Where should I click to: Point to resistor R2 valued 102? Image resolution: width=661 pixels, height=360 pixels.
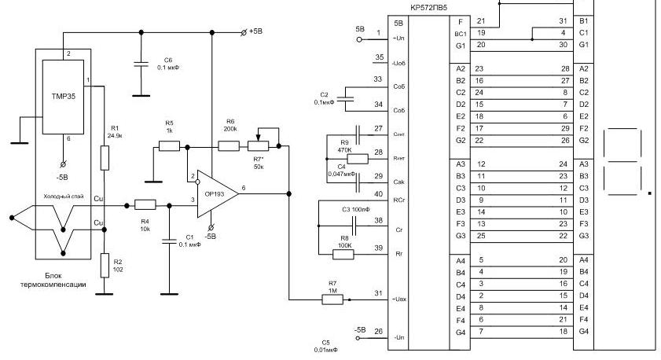tap(105, 266)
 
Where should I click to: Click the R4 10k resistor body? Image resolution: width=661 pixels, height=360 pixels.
tap(145, 204)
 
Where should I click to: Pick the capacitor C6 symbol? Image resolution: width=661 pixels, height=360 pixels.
tap(141, 66)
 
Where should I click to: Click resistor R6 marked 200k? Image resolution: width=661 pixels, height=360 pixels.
tap(229, 145)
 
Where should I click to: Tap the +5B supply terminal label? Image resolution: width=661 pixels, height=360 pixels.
tap(257, 32)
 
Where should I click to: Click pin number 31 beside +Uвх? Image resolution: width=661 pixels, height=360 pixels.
tap(379, 293)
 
